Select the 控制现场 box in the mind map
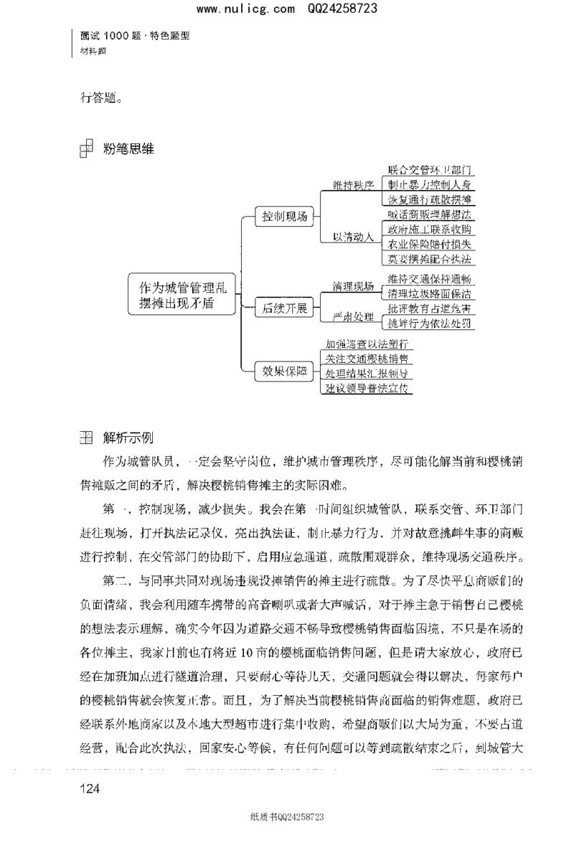point(285,215)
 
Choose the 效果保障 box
point(284,371)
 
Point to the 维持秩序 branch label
point(353,185)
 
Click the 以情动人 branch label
point(353,237)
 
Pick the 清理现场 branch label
point(353,286)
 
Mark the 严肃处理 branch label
point(353,316)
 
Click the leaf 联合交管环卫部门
point(429,170)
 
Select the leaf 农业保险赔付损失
point(429,244)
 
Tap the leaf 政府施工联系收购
point(429,229)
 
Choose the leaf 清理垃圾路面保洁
point(429,293)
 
